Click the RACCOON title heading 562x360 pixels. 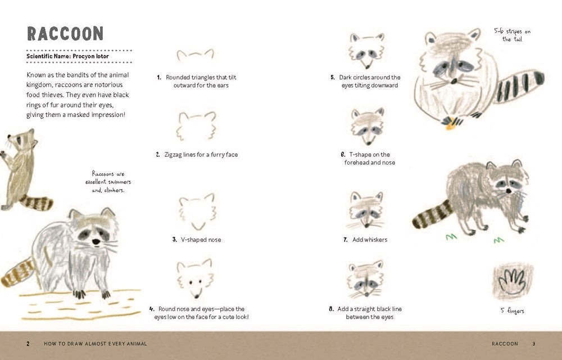tap(65, 33)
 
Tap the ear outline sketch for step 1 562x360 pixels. tap(195, 55)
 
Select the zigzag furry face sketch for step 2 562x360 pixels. tap(197, 125)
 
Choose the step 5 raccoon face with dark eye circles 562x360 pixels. tap(366, 49)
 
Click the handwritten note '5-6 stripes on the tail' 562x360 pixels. tap(512, 35)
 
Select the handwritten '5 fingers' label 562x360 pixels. tap(511, 310)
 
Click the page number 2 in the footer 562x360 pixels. tap(28, 343)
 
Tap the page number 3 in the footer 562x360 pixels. tap(534, 343)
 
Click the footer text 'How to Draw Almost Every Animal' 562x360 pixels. tap(96, 343)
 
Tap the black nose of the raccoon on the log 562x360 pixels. tap(96, 241)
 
